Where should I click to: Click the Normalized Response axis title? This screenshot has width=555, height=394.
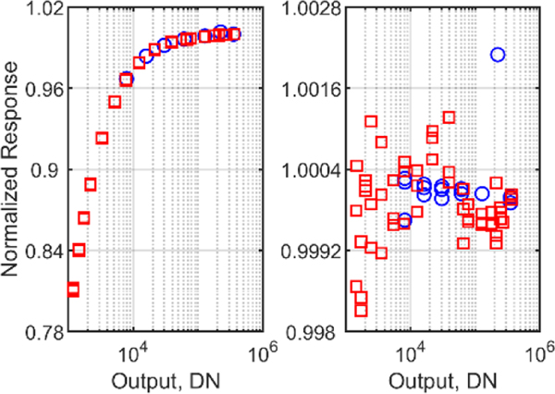tap(13, 171)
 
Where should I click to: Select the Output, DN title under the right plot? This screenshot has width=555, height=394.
tap(442, 379)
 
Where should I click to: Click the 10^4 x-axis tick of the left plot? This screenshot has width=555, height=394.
tap(132, 352)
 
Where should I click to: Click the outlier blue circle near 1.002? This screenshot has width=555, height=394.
tap(498, 55)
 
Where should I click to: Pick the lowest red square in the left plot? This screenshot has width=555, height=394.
tap(73, 290)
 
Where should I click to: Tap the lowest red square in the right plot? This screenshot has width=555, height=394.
tap(361, 310)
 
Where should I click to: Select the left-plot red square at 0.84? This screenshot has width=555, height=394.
tap(79, 250)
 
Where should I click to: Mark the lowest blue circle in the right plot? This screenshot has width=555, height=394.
tap(404, 220)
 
